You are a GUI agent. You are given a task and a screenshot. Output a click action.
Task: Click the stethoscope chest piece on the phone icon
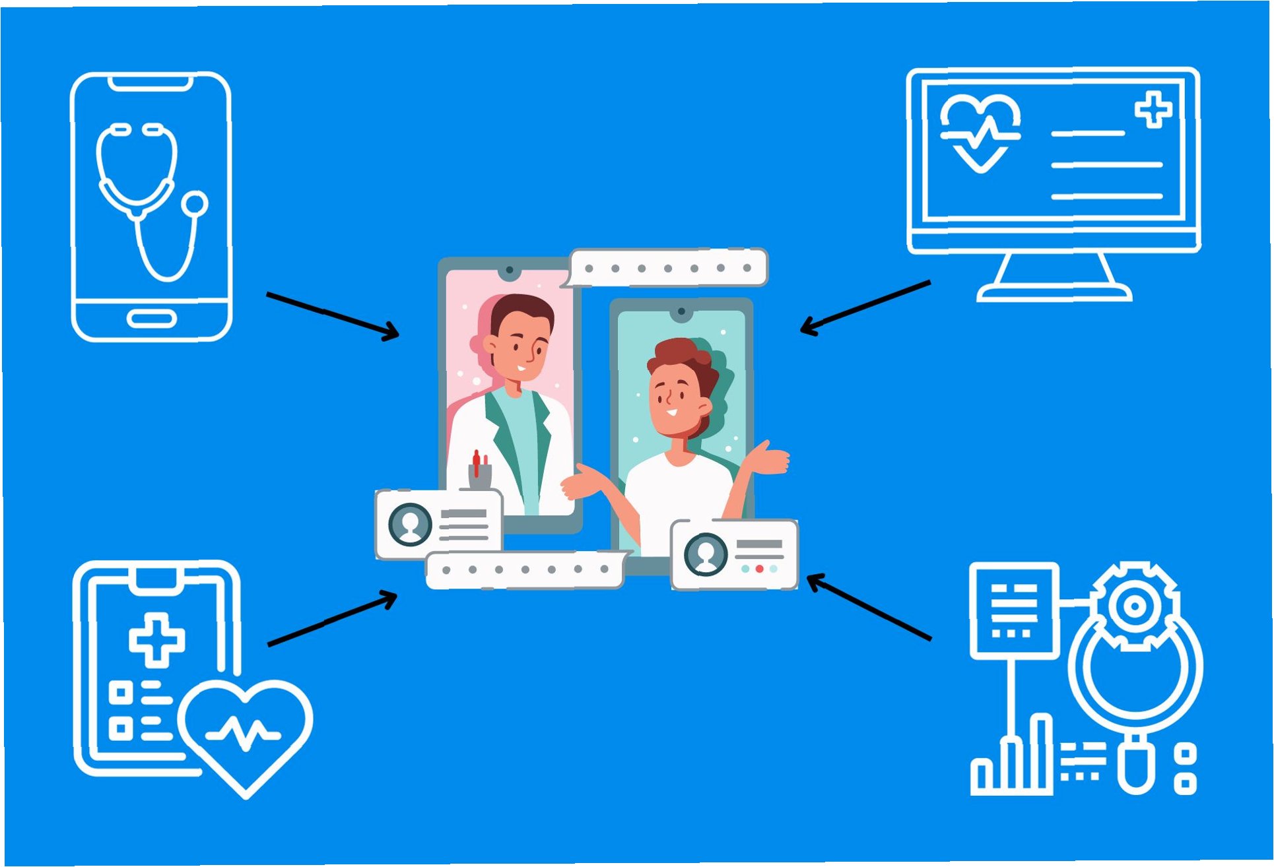coord(195,204)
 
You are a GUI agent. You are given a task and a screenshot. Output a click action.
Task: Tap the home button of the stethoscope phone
coord(152,319)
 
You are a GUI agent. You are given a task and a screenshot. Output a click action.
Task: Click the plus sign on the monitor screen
coord(1153,110)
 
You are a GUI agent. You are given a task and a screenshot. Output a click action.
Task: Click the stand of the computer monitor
coord(1054,277)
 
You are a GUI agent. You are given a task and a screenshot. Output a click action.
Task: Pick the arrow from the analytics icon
coord(869,608)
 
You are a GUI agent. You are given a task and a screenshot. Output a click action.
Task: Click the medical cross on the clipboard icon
coord(156,637)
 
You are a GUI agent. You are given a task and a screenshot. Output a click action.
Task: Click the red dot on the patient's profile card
coord(759,569)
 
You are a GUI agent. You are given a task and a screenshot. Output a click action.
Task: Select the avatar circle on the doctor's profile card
coord(411,525)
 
